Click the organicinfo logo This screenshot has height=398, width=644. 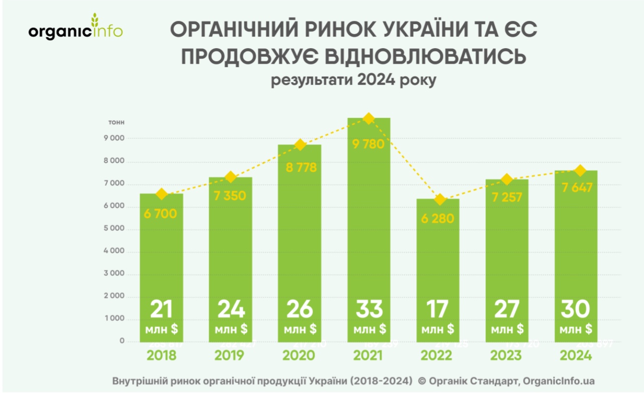(x=75, y=29)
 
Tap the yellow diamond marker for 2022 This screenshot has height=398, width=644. (x=440, y=200)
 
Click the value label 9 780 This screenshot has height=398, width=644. (x=368, y=144)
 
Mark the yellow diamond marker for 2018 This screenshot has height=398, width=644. (x=161, y=194)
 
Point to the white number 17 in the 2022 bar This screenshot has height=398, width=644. (x=437, y=310)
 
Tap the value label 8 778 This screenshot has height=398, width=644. (x=300, y=167)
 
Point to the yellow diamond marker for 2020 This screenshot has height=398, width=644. (x=300, y=145)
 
